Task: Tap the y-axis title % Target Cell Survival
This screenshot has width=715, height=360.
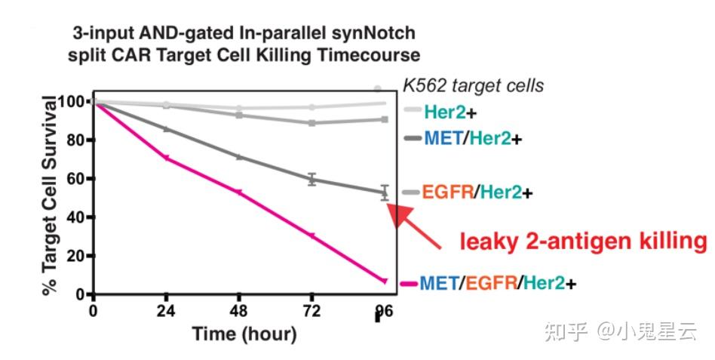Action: coord(50,195)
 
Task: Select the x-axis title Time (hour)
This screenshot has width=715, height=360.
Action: coord(244,334)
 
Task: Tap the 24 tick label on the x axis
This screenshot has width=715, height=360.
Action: coord(167,311)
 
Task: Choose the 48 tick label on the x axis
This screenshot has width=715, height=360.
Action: coord(239,311)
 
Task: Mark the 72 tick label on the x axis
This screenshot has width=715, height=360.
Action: coord(311,311)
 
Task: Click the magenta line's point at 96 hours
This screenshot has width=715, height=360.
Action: coord(385,282)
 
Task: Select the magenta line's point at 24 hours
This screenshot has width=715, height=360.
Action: coord(167,158)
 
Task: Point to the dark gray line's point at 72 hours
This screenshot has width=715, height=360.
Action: coord(311,179)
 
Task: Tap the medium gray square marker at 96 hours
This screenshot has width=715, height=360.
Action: coord(385,119)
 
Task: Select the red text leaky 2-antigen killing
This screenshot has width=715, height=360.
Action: coord(583,241)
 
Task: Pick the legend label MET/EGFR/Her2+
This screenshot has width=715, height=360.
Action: coord(498,284)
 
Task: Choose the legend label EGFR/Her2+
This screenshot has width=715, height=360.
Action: coord(477,192)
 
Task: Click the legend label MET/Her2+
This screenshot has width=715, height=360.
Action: coord(472,138)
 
